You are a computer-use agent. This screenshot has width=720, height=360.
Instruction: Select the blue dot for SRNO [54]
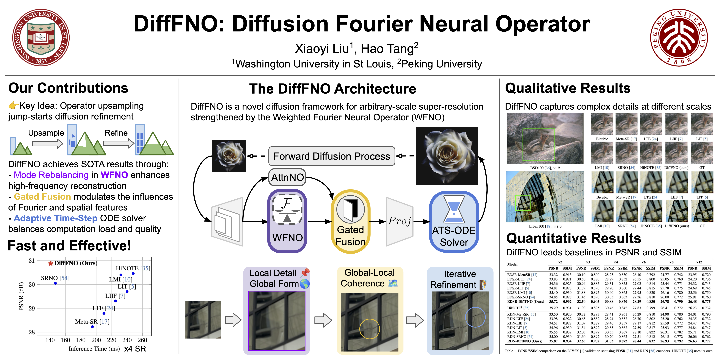(x=55, y=283)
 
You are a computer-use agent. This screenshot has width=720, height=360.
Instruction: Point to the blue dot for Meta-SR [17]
(x=93, y=326)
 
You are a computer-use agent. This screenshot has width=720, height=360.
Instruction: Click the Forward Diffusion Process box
(x=332, y=156)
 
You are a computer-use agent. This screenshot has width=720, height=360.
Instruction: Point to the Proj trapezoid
(x=399, y=221)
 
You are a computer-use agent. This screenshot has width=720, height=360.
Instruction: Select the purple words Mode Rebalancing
(x=51, y=175)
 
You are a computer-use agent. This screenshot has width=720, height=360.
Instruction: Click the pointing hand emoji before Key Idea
(x=13, y=106)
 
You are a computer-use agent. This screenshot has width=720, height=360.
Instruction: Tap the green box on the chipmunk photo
(x=539, y=145)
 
